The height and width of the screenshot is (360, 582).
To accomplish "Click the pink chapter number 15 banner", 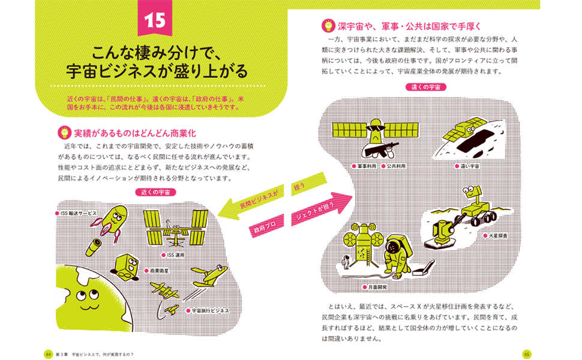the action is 155,18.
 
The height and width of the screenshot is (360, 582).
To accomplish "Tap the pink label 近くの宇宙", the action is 156,192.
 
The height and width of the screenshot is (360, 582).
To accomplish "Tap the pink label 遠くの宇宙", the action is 426,87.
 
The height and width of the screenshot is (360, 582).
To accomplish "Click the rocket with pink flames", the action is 112,222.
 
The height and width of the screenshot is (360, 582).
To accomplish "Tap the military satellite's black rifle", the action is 379,149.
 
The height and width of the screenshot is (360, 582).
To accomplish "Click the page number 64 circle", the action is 48,354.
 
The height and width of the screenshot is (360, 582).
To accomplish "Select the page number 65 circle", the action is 527,354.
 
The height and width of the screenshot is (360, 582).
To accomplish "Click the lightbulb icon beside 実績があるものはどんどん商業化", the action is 64,133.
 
